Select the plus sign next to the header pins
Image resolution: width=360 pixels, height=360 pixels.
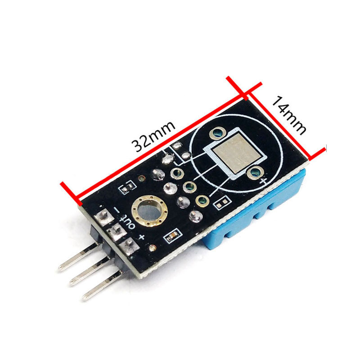click(x=142, y=237)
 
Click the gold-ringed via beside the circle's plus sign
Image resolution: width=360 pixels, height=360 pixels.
click(x=256, y=171)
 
